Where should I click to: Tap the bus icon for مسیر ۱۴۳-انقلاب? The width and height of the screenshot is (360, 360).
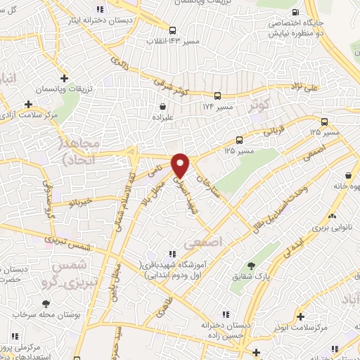click(x=173, y=30)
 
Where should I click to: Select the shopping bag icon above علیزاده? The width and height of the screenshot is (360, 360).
click(x=163, y=107)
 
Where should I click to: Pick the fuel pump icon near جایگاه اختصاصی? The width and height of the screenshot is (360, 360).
click(x=295, y=11)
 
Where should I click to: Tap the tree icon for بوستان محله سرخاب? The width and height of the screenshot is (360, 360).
click(x=46, y=303)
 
